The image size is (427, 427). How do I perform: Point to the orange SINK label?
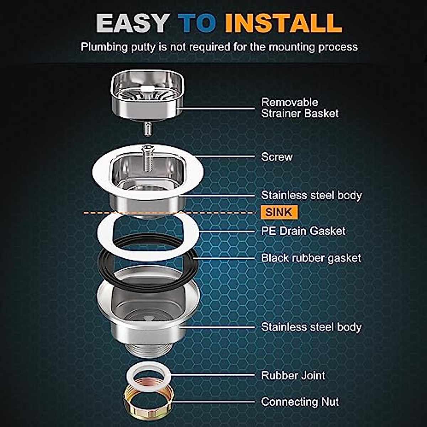(x=279, y=212)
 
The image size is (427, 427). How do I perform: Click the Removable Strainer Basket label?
(x=300, y=108)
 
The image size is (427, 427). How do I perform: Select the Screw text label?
(x=276, y=157)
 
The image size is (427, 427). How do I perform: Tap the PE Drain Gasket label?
(x=303, y=231)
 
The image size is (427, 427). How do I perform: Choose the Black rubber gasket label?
(x=311, y=258)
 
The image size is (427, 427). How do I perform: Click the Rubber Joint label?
(x=293, y=375)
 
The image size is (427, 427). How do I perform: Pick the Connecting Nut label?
(x=300, y=402)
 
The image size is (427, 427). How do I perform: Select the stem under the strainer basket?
(x=147, y=128)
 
